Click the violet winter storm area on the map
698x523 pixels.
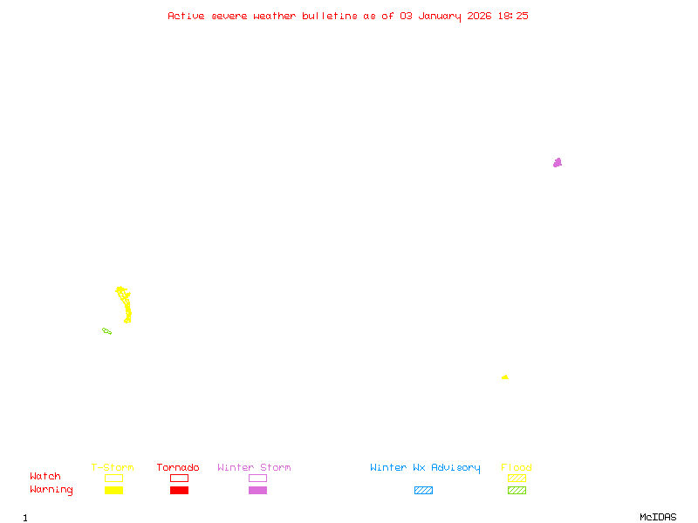click(x=558, y=162)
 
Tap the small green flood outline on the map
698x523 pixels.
click(x=106, y=330)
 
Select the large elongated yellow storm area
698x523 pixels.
click(x=126, y=305)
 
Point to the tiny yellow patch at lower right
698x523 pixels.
click(x=505, y=377)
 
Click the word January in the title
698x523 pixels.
click(x=436, y=16)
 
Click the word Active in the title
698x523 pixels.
click(x=187, y=16)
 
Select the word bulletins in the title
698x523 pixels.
click(x=330, y=16)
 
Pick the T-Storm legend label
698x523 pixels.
click(x=113, y=468)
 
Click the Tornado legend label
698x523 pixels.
click(x=178, y=468)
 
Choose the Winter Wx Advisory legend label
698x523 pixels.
click(x=425, y=468)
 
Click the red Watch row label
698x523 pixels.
click(x=45, y=477)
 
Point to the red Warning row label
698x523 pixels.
click(x=51, y=490)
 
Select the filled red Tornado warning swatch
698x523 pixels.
click(x=179, y=491)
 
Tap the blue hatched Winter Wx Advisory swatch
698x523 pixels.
click(x=423, y=491)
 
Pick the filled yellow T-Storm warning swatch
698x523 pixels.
click(x=113, y=491)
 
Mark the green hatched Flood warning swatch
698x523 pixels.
click(x=517, y=491)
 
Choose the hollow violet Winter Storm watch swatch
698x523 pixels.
click(x=257, y=478)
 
